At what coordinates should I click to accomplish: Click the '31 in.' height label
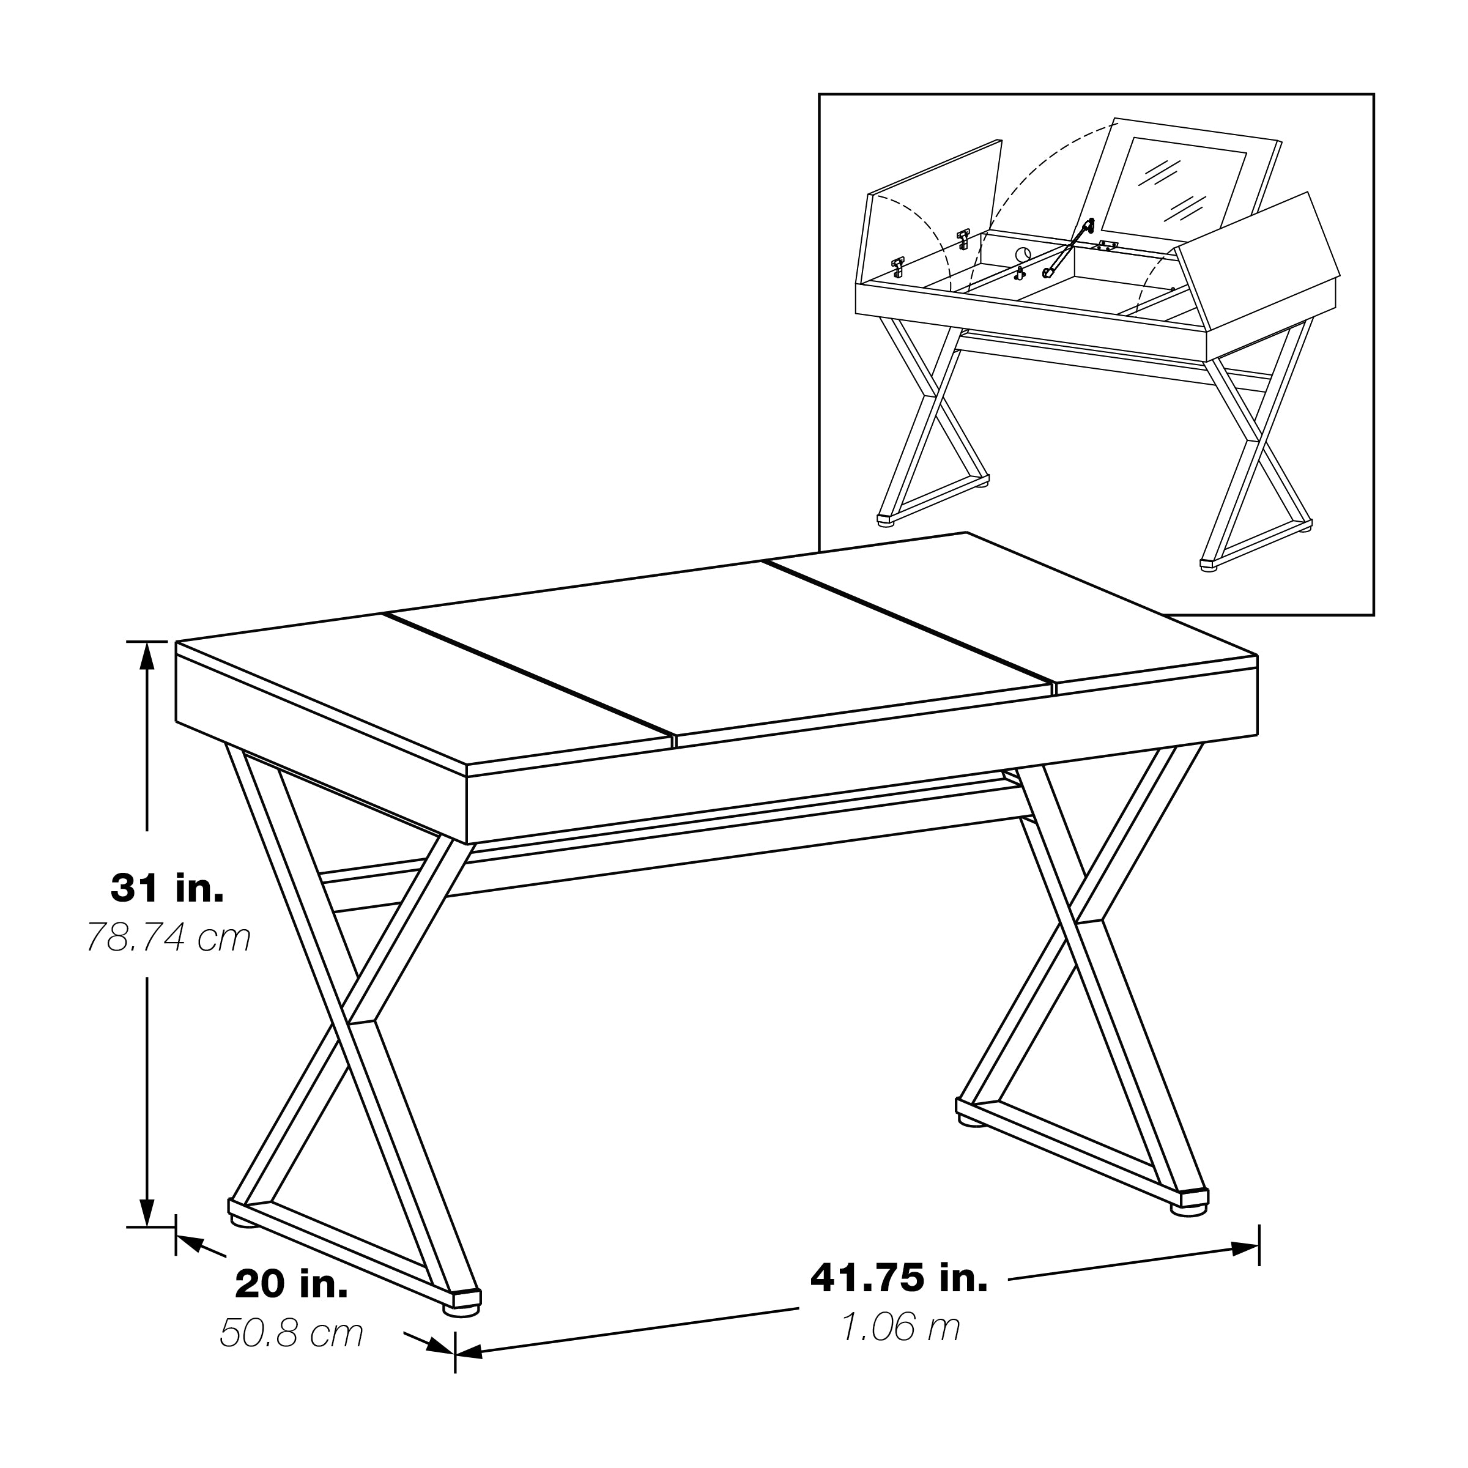(168, 888)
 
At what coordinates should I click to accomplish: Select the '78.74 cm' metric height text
(168, 938)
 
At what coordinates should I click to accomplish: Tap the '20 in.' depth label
(292, 1285)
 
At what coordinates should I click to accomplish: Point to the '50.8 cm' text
(292, 1333)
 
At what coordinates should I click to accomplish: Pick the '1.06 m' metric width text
(901, 1327)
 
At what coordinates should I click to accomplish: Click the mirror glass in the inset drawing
(1174, 183)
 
